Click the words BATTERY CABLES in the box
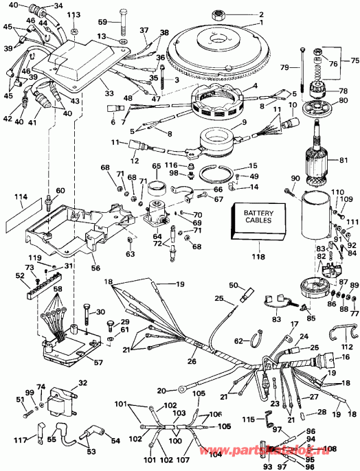(258, 217)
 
